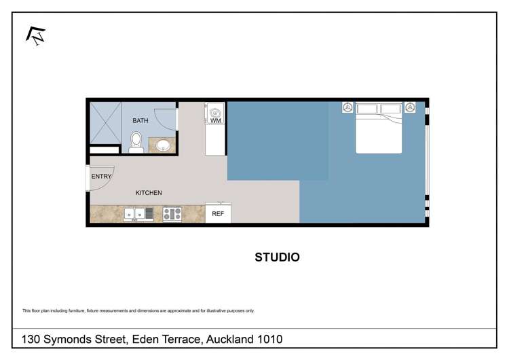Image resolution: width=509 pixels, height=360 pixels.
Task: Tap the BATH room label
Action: (x=140, y=121)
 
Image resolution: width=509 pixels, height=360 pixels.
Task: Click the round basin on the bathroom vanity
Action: (x=164, y=144)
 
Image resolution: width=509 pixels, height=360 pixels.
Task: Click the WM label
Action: (x=215, y=121)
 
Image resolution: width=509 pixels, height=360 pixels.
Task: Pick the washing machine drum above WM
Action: (x=215, y=111)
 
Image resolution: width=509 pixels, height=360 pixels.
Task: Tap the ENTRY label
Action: (x=101, y=177)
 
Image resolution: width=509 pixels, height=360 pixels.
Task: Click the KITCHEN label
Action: (x=149, y=193)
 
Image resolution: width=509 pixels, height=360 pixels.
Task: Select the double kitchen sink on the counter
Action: (x=138, y=215)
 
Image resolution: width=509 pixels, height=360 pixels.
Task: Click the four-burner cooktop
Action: (x=172, y=215)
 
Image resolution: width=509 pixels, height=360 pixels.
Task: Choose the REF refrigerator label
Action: (x=218, y=214)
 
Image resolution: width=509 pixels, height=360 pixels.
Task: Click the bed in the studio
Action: (x=379, y=127)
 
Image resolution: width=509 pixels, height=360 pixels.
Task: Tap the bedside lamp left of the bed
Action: (x=347, y=107)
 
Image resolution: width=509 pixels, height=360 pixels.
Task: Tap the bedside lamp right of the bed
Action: (x=410, y=107)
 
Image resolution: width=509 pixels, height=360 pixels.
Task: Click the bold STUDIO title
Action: (x=277, y=257)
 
